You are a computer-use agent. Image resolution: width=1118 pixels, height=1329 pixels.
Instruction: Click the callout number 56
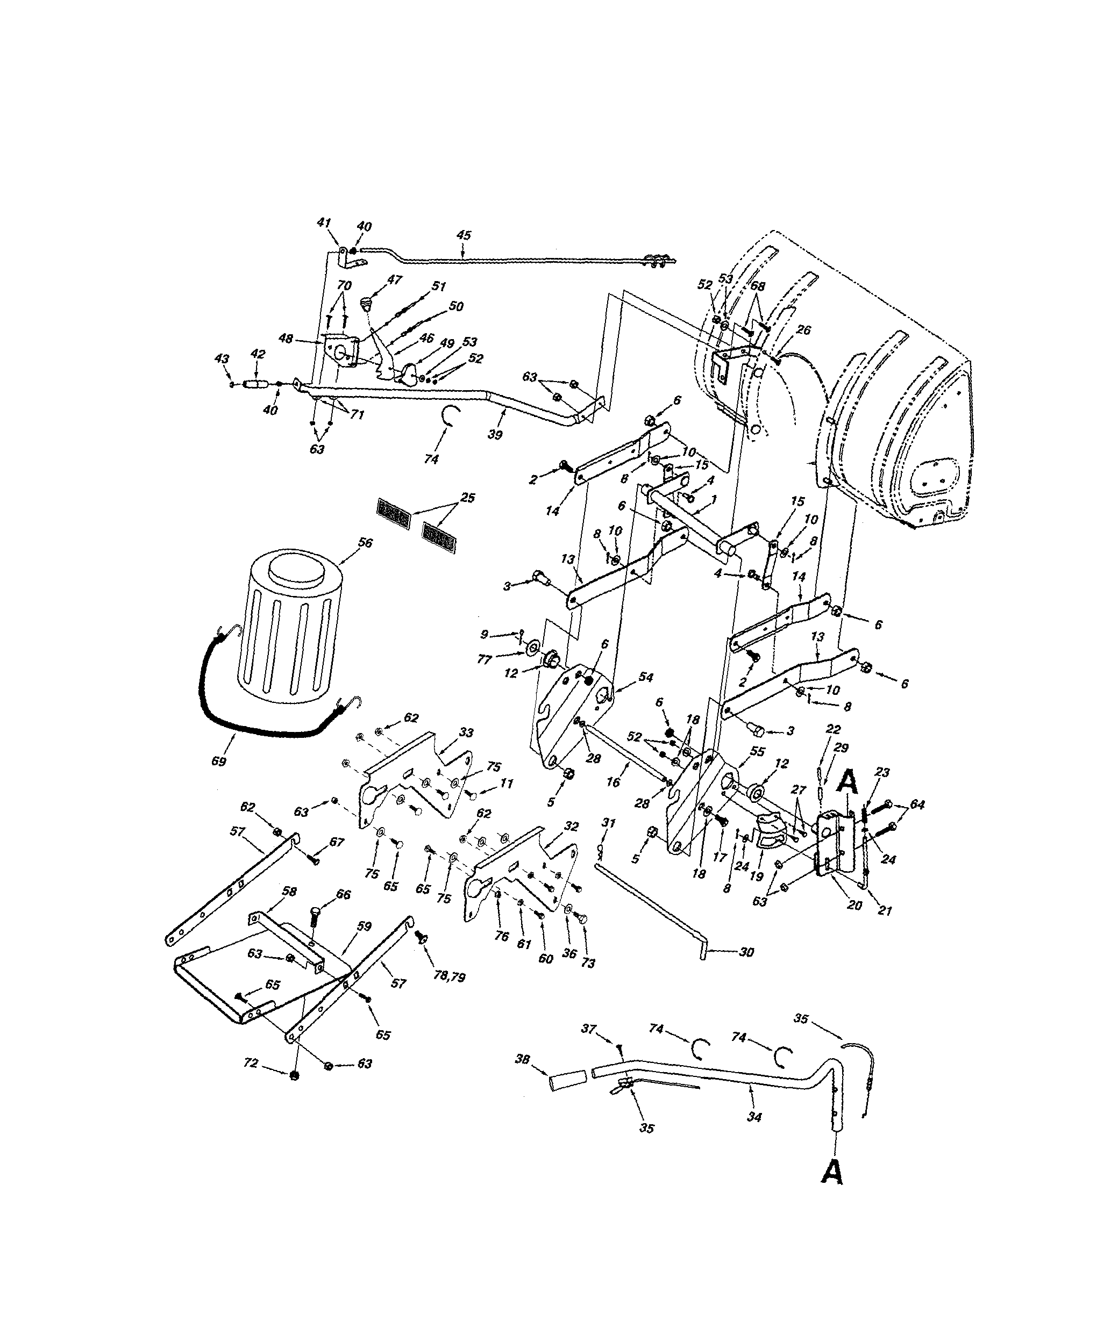pyautogui.click(x=365, y=543)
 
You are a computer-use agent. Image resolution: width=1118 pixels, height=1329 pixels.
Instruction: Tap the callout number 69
pyautogui.click(x=219, y=762)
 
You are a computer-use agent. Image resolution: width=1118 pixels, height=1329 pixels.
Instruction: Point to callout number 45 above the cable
pyautogui.click(x=464, y=235)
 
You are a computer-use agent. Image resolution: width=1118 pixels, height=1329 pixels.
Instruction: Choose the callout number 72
pyautogui.click(x=252, y=1063)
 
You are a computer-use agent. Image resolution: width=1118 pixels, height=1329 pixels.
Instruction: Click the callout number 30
pyautogui.click(x=746, y=952)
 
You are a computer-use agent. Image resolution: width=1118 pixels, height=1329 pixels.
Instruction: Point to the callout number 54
pyautogui.click(x=645, y=677)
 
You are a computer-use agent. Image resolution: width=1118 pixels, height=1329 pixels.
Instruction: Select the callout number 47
pyautogui.click(x=394, y=279)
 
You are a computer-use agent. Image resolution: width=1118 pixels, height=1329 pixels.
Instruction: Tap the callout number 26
pyautogui.click(x=803, y=330)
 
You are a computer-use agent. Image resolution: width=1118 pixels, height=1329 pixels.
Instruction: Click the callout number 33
pyautogui.click(x=466, y=733)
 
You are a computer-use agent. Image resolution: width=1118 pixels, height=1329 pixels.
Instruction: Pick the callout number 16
pyautogui.click(x=613, y=783)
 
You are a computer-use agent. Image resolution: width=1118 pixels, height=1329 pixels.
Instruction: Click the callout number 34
pyautogui.click(x=753, y=1118)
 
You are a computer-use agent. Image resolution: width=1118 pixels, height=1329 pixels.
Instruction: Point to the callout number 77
pyautogui.click(x=484, y=660)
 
